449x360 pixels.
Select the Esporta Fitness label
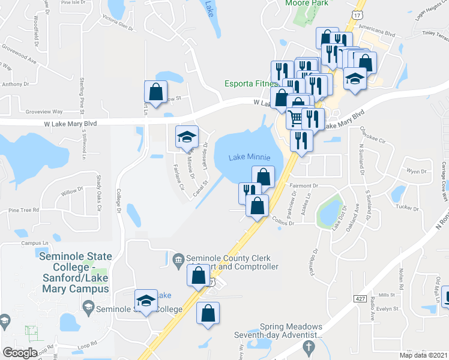pos(251,83)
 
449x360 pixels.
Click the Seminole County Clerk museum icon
pos(178,259)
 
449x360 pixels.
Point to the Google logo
pos(20,353)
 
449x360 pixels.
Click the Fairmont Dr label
pos(303,186)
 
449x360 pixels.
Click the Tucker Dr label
pos(407,207)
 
